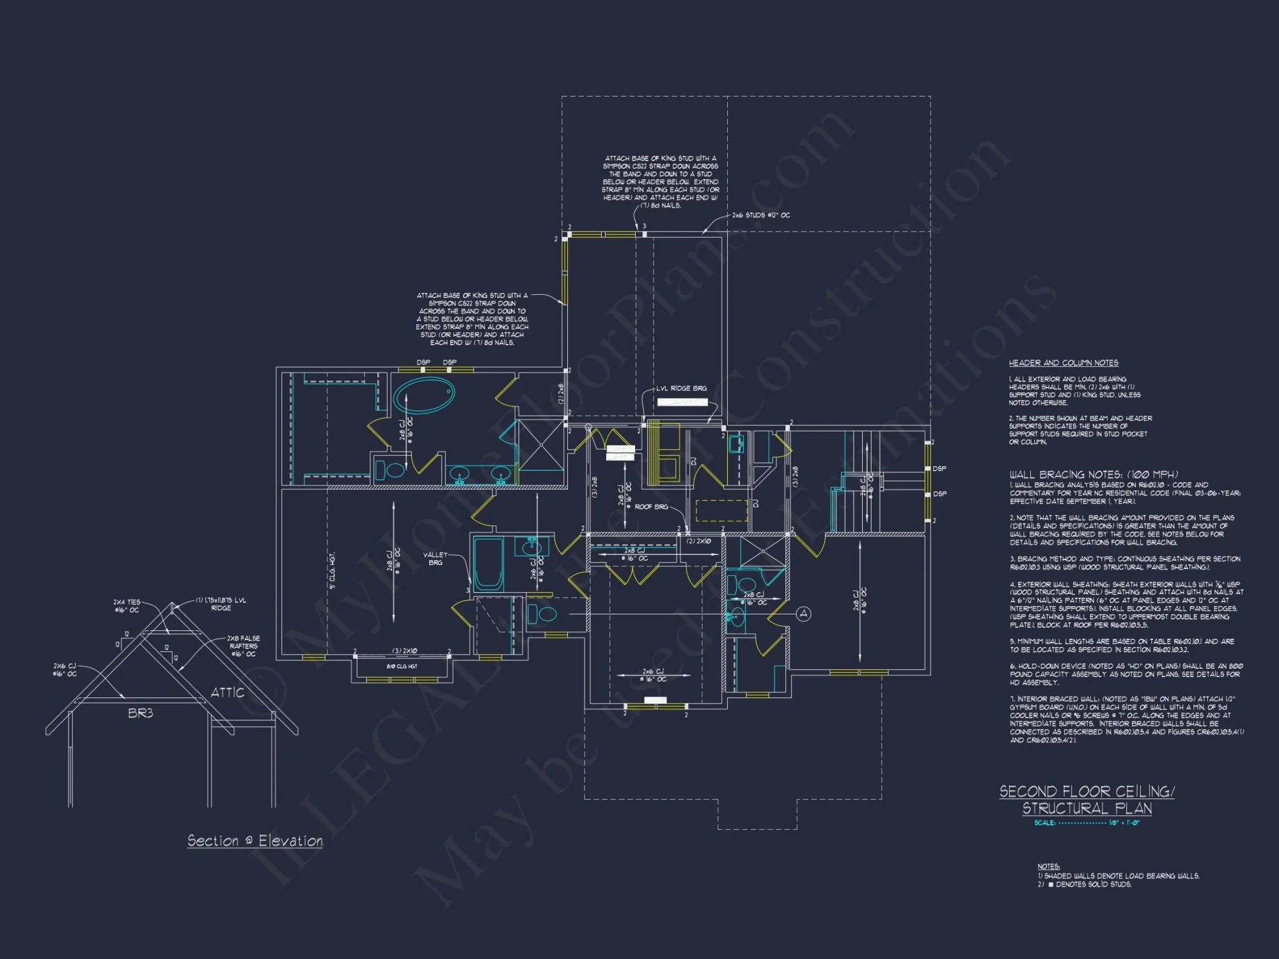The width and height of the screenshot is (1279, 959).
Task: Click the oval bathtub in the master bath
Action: coord(423,396)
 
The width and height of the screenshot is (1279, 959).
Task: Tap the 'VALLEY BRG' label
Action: coord(435,559)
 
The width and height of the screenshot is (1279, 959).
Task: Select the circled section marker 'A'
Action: coord(803,614)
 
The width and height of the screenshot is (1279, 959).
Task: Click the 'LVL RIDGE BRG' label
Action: coord(681,389)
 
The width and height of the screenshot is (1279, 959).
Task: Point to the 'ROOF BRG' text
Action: coord(651,507)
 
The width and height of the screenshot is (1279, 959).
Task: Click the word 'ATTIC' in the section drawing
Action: coord(228,692)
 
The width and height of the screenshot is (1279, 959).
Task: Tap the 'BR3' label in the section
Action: coord(140,713)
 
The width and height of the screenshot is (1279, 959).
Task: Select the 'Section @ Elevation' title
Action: coord(255,841)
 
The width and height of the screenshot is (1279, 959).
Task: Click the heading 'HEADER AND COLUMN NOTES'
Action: coord(1063,363)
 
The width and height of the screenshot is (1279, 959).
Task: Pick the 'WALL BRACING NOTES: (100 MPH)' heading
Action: coord(1094,474)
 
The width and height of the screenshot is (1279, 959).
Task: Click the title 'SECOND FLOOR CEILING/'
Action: coord(1087,791)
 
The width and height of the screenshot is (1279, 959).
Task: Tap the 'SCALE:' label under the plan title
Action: coord(1044,823)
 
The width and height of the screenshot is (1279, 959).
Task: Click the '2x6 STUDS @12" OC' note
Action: coord(761,215)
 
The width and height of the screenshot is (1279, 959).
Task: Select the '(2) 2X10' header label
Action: coord(698,542)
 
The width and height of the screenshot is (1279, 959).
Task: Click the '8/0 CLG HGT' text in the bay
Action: coord(402,666)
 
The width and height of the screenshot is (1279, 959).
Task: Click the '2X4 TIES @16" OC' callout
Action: coord(126,606)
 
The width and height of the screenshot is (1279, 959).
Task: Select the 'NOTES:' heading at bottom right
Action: coord(1048,867)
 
